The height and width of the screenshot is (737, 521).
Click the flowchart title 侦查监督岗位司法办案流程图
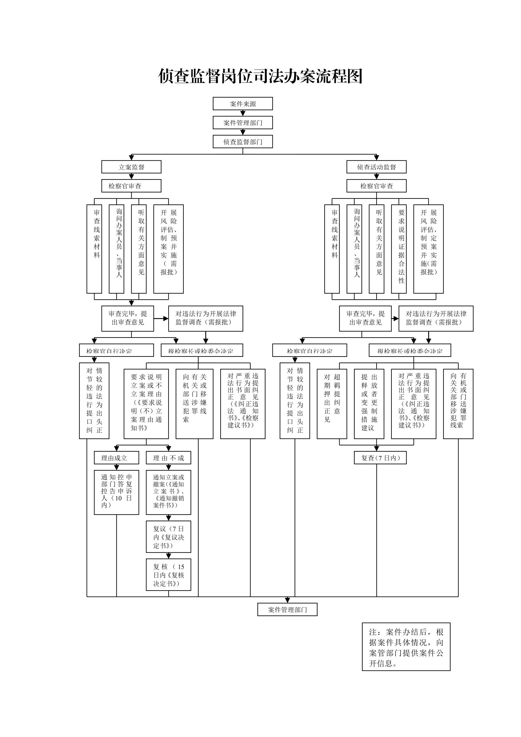pyautogui.click(x=260, y=76)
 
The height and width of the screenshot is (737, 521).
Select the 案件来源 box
pyautogui.click(x=243, y=104)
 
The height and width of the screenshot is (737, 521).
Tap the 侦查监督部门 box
pyautogui.click(x=243, y=142)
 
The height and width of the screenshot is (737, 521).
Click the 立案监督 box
pyautogui.click(x=131, y=167)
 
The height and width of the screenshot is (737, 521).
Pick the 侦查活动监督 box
pyautogui.click(x=376, y=167)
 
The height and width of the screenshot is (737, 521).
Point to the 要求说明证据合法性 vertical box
pyautogui.click(x=399, y=249)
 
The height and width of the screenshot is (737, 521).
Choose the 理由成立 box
pyautogui.click(x=116, y=458)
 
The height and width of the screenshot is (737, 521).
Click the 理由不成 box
pyautogui.click(x=169, y=458)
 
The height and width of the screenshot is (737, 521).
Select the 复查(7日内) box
pyautogui.click(x=380, y=458)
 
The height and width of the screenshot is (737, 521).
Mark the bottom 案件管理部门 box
pyautogui.click(x=287, y=609)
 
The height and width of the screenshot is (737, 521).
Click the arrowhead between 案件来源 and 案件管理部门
pyautogui.click(x=243, y=113)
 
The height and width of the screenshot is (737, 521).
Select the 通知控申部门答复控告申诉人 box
pyautogui.click(x=116, y=493)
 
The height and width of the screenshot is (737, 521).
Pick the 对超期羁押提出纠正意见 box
pyautogui.click(x=332, y=404)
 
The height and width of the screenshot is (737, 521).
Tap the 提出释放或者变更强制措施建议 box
pyautogui.click(x=369, y=404)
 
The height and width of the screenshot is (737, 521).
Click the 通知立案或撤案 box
pyautogui.click(x=169, y=493)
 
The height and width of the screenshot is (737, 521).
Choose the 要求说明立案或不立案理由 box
pyautogui.click(x=146, y=404)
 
